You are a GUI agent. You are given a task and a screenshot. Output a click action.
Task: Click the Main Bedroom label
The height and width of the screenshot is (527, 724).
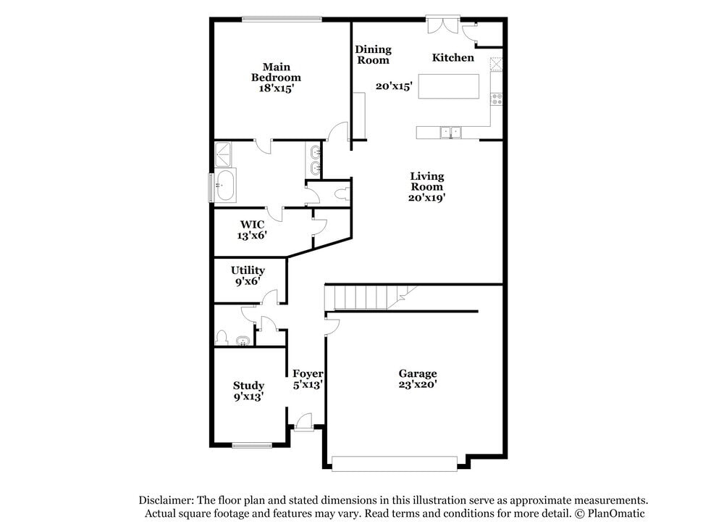click(276, 72)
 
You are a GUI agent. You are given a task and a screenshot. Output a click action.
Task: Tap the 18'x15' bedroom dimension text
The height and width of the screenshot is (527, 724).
click(276, 88)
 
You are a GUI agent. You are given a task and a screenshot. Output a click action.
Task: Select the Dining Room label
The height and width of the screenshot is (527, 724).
click(373, 55)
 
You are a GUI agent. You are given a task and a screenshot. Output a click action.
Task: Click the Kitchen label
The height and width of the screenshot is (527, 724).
click(453, 58)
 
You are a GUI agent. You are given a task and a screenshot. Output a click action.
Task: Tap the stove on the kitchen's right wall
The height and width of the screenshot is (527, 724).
click(497, 99)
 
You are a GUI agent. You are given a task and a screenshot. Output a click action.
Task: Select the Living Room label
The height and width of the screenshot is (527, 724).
click(427, 181)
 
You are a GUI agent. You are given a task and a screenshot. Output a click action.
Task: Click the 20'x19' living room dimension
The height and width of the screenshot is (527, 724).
click(427, 196)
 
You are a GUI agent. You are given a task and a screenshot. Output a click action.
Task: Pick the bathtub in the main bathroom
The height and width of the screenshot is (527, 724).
click(224, 186)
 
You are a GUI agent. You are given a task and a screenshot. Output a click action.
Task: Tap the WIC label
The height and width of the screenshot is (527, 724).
click(252, 225)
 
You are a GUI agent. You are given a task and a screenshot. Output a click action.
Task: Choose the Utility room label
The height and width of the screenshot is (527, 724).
click(248, 270)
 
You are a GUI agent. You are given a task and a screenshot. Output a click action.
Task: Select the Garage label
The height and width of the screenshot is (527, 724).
click(418, 374)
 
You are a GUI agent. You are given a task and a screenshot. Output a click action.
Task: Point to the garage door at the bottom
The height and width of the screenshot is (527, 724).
click(395, 462)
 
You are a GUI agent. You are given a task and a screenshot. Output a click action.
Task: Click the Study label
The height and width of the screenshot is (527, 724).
click(248, 386)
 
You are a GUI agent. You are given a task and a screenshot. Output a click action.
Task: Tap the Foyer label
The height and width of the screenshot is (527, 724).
click(308, 374)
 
